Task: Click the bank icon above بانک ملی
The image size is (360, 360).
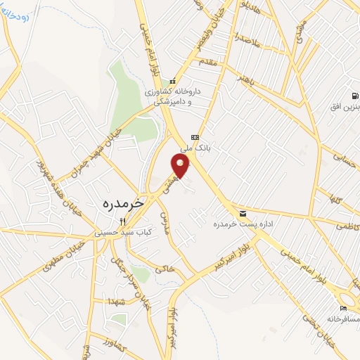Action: (x=195, y=138)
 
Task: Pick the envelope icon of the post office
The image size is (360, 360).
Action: (x=243, y=214)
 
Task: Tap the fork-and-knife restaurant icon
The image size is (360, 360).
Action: (x=122, y=219)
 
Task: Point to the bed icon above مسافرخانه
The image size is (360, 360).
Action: (x=343, y=308)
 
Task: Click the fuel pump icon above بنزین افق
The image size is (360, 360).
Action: (x=354, y=96)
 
